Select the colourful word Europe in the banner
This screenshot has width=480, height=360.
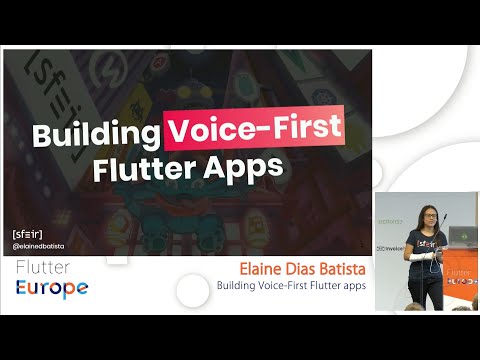(x=51, y=288)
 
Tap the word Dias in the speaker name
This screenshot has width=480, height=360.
(x=292, y=270)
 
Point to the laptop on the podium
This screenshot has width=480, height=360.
(x=463, y=237)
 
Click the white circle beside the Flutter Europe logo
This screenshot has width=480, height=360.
(x=192, y=289)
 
